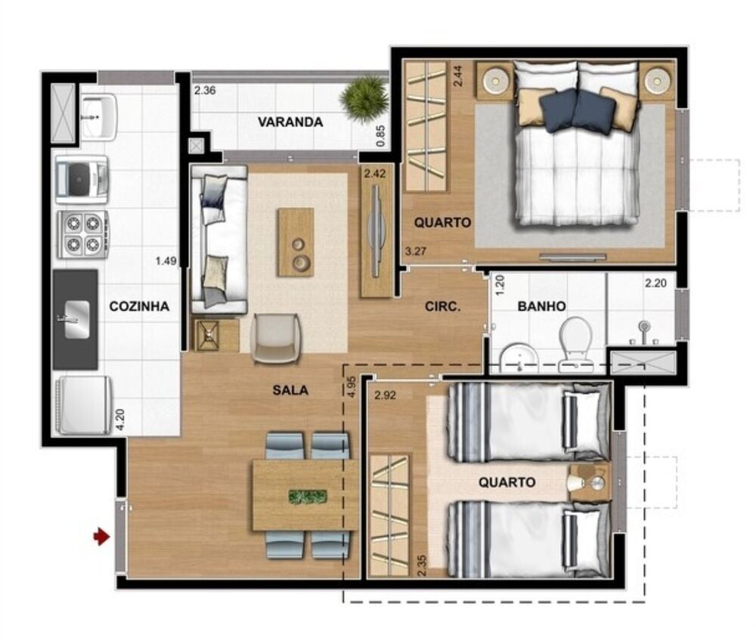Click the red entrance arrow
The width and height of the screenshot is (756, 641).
[100, 537]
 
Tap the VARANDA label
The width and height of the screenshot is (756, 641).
[290, 122]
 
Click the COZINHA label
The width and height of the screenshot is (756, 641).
[139, 306]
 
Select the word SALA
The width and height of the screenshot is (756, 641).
[290, 390]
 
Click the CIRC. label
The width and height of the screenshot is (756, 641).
[443, 307]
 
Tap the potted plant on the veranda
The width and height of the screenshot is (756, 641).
[364, 99]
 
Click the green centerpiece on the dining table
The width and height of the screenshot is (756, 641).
[308, 497]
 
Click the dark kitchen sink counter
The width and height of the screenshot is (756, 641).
[76, 319]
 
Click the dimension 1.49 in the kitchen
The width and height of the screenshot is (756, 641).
[166, 261]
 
